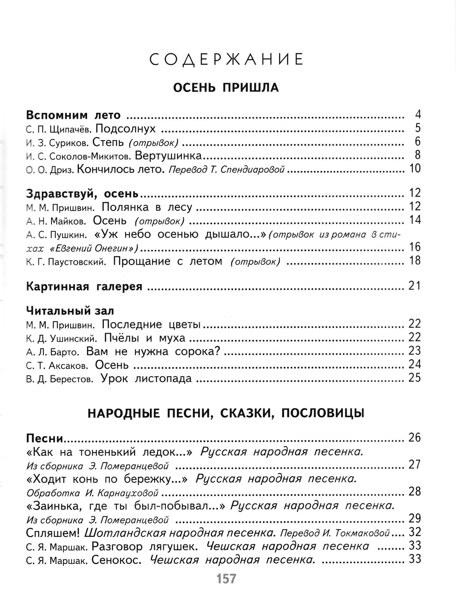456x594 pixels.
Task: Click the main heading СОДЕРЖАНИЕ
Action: (x=227, y=60)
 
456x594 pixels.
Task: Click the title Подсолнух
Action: (x=125, y=129)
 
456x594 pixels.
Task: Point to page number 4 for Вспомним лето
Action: (x=418, y=115)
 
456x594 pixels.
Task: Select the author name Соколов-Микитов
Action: (x=91, y=156)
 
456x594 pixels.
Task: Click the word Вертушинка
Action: (x=168, y=156)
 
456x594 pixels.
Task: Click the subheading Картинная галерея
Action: (x=84, y=287)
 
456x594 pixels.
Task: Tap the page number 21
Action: (x=415, y=286)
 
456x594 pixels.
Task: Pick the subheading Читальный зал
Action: (x=70, y=311)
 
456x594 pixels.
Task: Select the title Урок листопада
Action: (x=146, y=379)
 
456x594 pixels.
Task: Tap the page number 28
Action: (x=415, y=492)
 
